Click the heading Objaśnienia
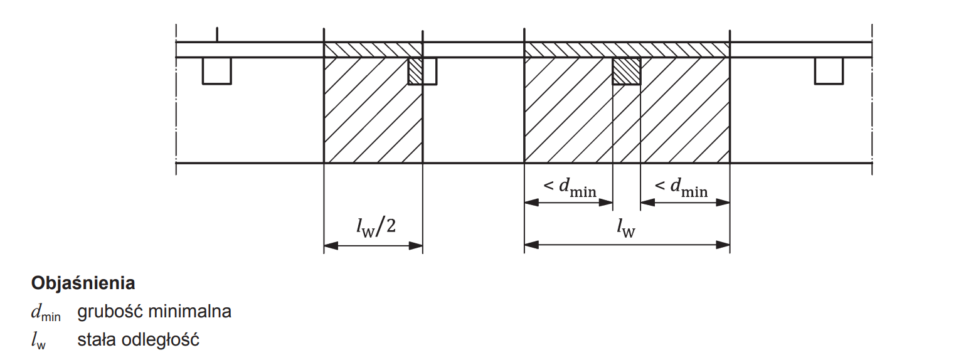click(x=83, y=283)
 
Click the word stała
click(x=96, y=341)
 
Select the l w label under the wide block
click(x=626, y=227)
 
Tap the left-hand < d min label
click(x=570, y=187)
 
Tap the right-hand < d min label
click(x=681, y=187)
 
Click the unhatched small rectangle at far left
click(x=216, y=71)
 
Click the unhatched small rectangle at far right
click(x=829, y=71)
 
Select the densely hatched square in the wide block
click(x=626, y=71)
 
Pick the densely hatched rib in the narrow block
click(x=415, y=71)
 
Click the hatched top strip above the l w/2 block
click(x=373, y=50)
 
